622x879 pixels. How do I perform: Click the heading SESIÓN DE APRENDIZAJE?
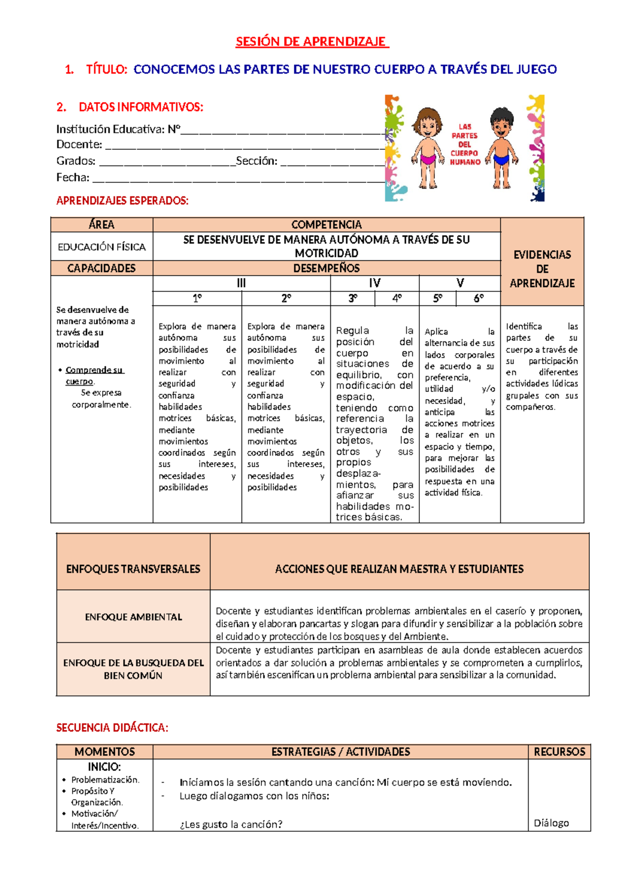tap(312, 41)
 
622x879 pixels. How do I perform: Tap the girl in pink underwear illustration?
tap(428, 148)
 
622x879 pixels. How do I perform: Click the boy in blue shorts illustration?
tap(501, 148)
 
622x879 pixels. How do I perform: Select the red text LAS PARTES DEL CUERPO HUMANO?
tap(465, 144)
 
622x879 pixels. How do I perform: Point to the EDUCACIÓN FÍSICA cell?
tap(102, 247)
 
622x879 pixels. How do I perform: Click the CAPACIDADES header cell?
tap(102, 268)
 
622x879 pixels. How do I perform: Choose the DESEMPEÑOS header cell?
tap(327, 268)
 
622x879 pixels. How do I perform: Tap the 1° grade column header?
tap(197, 299)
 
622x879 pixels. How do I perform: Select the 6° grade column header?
tap(478, 299)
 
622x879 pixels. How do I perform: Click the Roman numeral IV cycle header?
tap(374, 283)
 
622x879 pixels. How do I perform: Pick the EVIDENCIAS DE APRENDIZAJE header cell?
tap(542, 268)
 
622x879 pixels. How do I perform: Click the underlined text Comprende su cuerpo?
tap(94, 375)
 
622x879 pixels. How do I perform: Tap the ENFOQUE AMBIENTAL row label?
tap(133, 617)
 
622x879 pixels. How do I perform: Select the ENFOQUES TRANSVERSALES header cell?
tap(133, 569)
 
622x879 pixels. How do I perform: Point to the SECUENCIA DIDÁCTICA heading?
tap(112, 728)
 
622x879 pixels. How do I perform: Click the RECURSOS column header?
tap(559, 752)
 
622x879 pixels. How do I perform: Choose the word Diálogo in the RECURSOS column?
tap(551, 823)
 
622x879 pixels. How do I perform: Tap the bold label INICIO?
tap(104, 767)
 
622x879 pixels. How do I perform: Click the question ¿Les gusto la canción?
tap(231, 824)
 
